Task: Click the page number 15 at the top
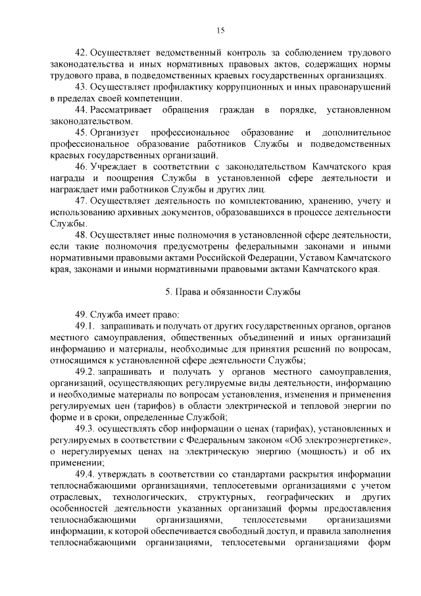[x=220, y=30]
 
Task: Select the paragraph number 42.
[x=81, y=51]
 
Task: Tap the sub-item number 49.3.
[x=86, y=429]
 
